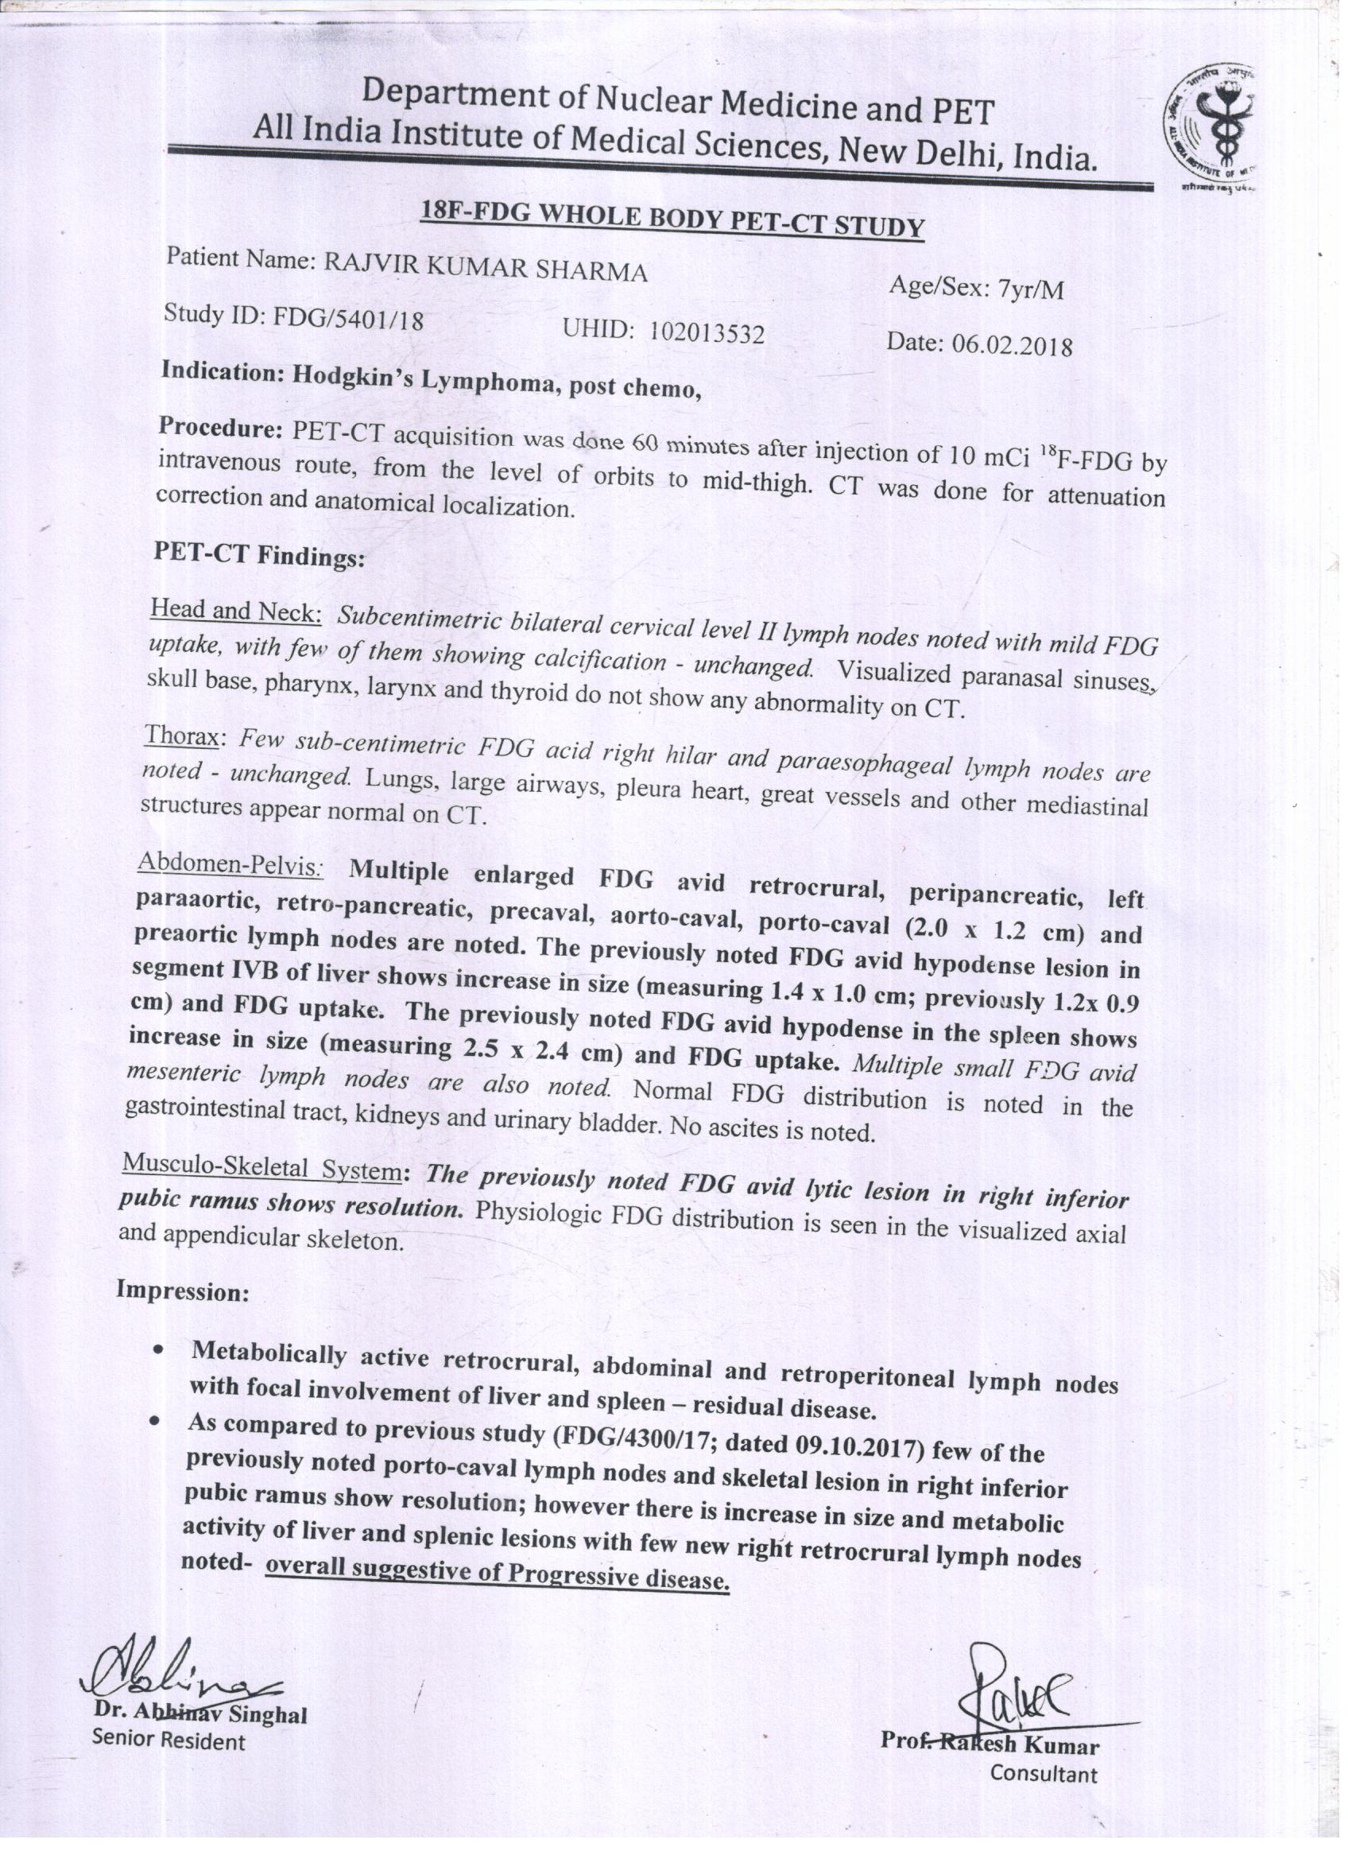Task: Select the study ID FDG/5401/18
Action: click(x=348, y=318)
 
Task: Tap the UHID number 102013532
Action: click(x=707, y=333)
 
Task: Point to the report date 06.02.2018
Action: click(x=1011, y=345)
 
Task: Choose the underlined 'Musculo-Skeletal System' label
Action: click(x=261, y=1166)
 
